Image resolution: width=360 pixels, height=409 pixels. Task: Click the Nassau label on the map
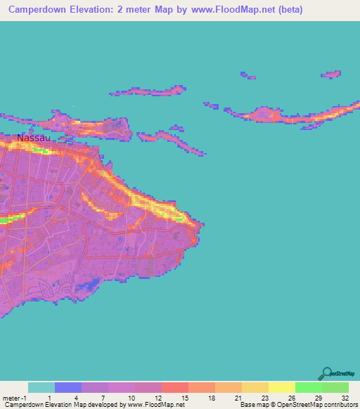tap(34, 138)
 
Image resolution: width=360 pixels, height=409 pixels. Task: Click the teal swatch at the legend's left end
tap(41, 387)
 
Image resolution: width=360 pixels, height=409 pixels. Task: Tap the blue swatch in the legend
tap(67, 387)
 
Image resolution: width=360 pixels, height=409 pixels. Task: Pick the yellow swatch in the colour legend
tap(281, 387)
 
